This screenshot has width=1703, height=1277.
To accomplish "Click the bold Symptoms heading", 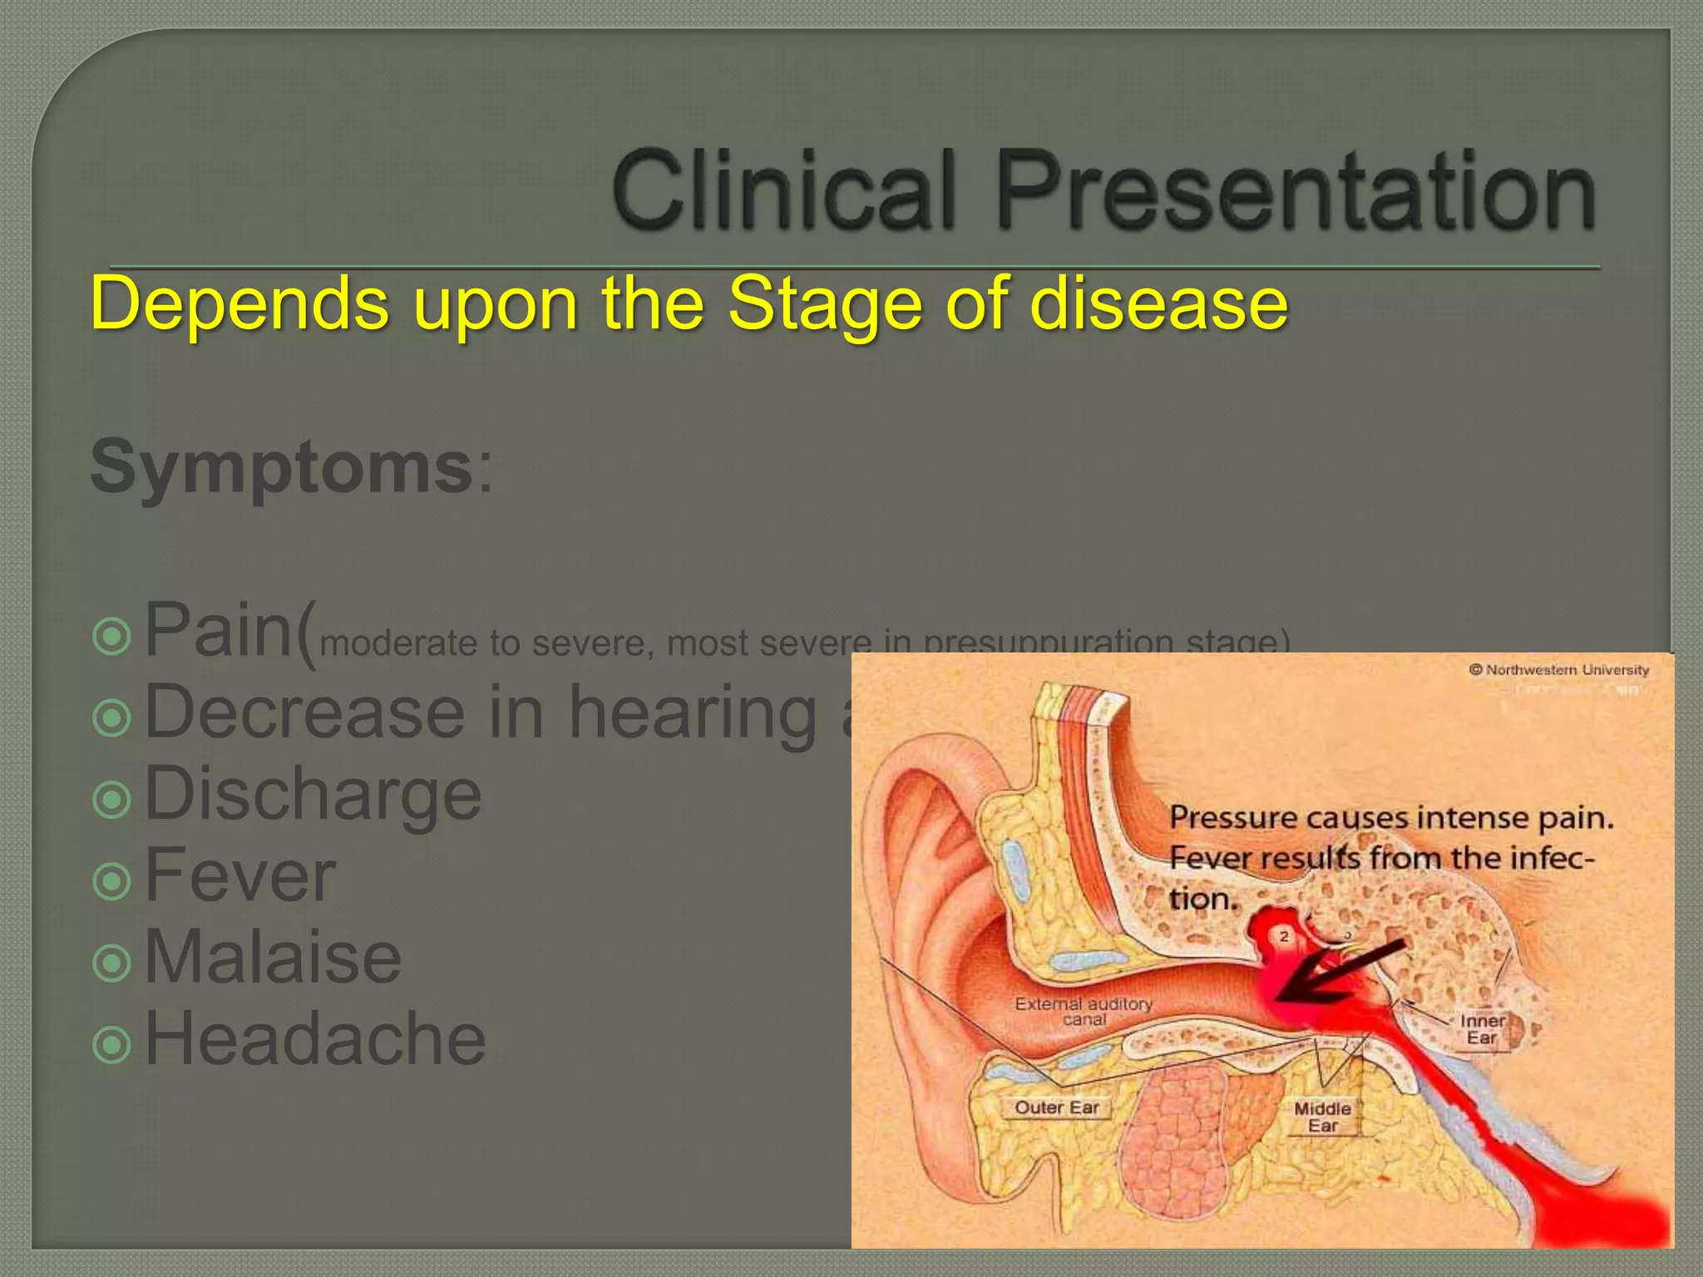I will pos(281,467).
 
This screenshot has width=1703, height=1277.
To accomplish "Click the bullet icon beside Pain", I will pos(112,637).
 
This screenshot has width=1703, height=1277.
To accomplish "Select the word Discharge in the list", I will pos(313,794).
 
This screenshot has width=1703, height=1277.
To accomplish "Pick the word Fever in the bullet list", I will pos(240,875).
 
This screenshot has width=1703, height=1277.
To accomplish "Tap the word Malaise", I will pos(273,957).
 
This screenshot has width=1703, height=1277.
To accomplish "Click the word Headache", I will pos(315,1038).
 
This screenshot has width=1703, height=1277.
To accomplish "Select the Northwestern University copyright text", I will pos(1558,669).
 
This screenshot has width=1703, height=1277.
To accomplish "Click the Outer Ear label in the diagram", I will pos(1056,1107).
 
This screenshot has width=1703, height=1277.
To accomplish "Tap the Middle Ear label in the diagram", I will pos(1322,1117).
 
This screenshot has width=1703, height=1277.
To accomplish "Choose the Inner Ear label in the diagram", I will pos(1483,1028).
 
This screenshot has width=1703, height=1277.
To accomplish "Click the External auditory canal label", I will pos(1084,1011).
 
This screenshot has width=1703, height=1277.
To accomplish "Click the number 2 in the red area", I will pos(1284,936).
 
